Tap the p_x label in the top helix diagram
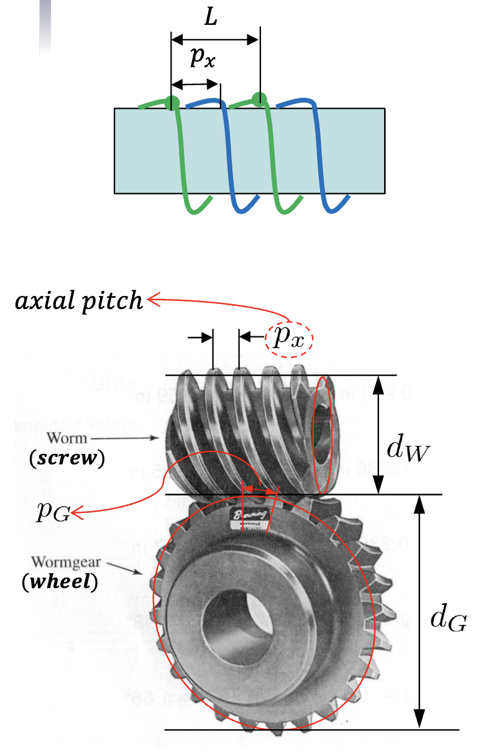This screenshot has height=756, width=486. click(x=204, y=58)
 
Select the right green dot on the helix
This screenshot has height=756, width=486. click(x=259, y=98)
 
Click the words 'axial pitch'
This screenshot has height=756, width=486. click(x=79, y=301)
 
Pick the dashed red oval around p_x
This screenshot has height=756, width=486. click(x=288, y=339)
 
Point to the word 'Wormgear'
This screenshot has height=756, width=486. click(x=80, y=564)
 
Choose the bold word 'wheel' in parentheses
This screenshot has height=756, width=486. click(x=60, y=584)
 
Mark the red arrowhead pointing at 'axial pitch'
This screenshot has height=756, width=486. click(x=150, y=301)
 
